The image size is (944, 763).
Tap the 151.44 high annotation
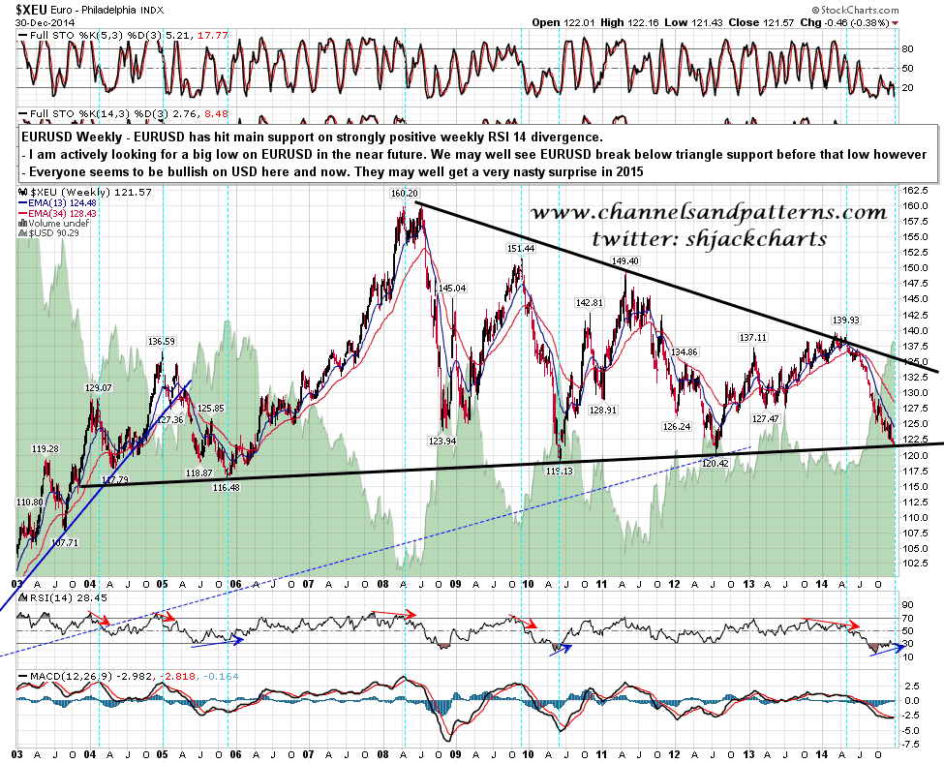pos(520,249)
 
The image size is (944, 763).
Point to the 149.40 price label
pos(626,261)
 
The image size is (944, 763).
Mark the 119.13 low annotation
pos(560,471)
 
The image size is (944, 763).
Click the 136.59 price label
pos(161,341)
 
